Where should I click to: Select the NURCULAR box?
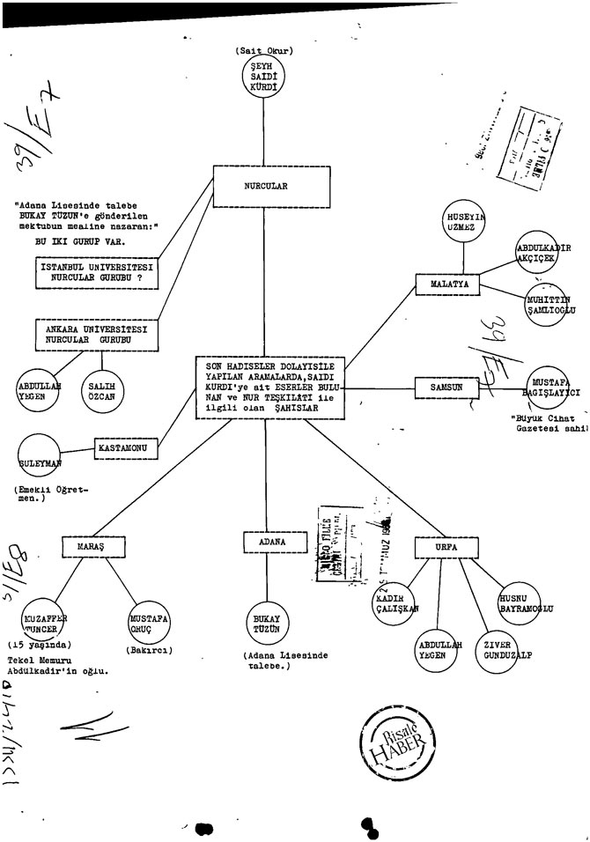pyautogui.click(x=266, y=186)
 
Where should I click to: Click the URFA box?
pyautogui.click(x=446, y=546)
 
